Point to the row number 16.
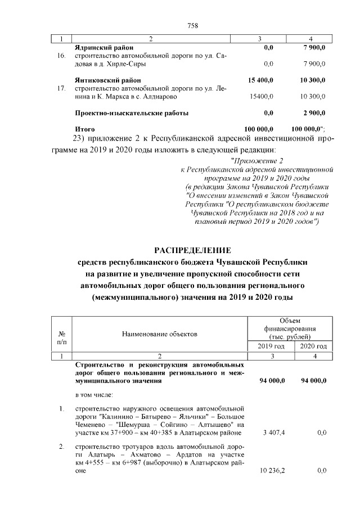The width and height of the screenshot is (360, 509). (x=61, y=56)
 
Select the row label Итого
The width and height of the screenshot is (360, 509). (x=84, y=129)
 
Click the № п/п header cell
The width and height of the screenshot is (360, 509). (x=61, y=338)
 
